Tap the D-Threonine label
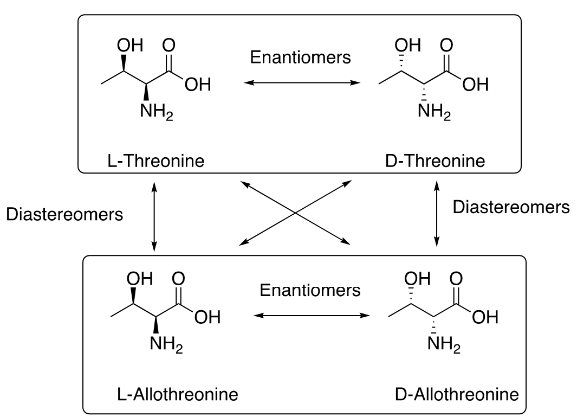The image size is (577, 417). [x=438, y=161]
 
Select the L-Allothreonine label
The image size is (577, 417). [x=177, y=394]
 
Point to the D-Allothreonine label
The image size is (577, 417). [x=456, y=394]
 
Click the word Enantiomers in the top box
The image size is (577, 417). [x=300, y=57]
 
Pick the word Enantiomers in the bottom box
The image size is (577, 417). [x=310, y=290]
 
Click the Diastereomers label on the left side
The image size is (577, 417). [x=64, y=214]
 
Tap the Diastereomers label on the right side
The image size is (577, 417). [x=511, y=207]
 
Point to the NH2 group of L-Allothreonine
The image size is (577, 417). [x=166, y=344]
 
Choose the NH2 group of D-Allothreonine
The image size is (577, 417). [x=444, y=344]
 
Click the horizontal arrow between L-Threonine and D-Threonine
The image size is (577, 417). [x=302, y=83]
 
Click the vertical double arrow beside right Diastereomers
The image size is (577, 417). [x=437, y=214]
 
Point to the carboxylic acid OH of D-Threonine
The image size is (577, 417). [x=476, y=85]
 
